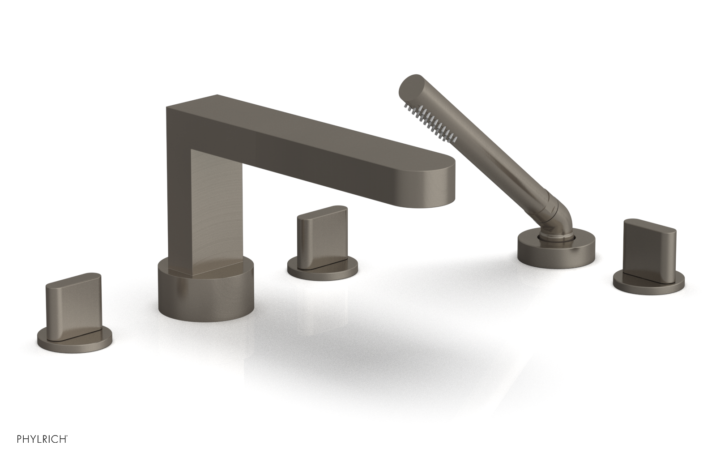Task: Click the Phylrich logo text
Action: point(36,451)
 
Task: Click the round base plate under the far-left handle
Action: point(74,334)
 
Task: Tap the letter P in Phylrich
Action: point(8,451)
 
